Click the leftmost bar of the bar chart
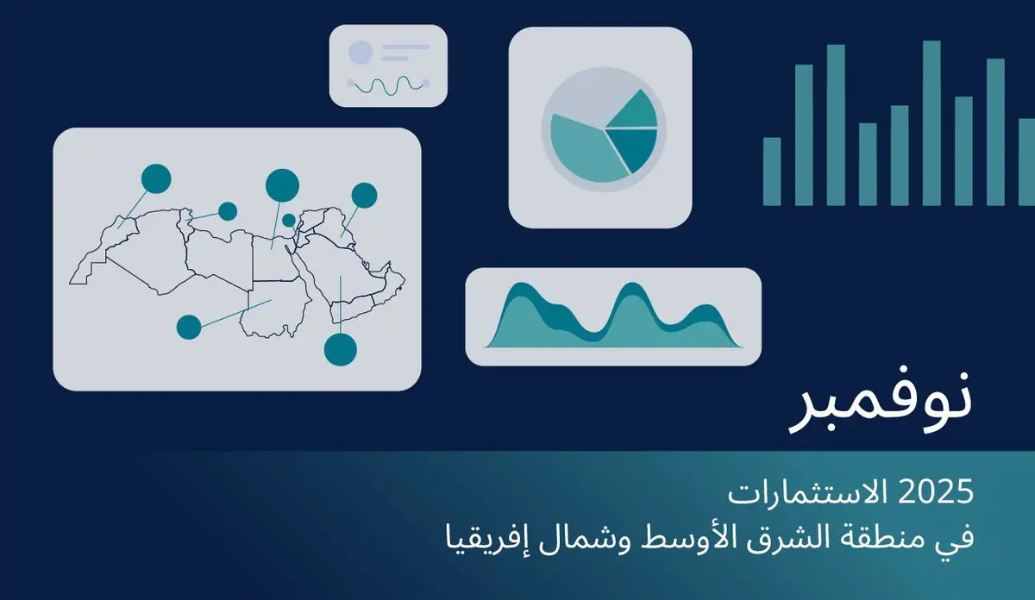coord(772,172)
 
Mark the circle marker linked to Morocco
coord(156,178)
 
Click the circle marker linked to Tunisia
coord(228,211)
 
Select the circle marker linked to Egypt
coord(282,184)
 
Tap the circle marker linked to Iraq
coord(364,196)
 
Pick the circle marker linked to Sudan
coord(189,327)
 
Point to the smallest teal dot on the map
coord(288,220)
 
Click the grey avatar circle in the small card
coord(360,52)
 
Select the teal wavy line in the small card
coord(388,84)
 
